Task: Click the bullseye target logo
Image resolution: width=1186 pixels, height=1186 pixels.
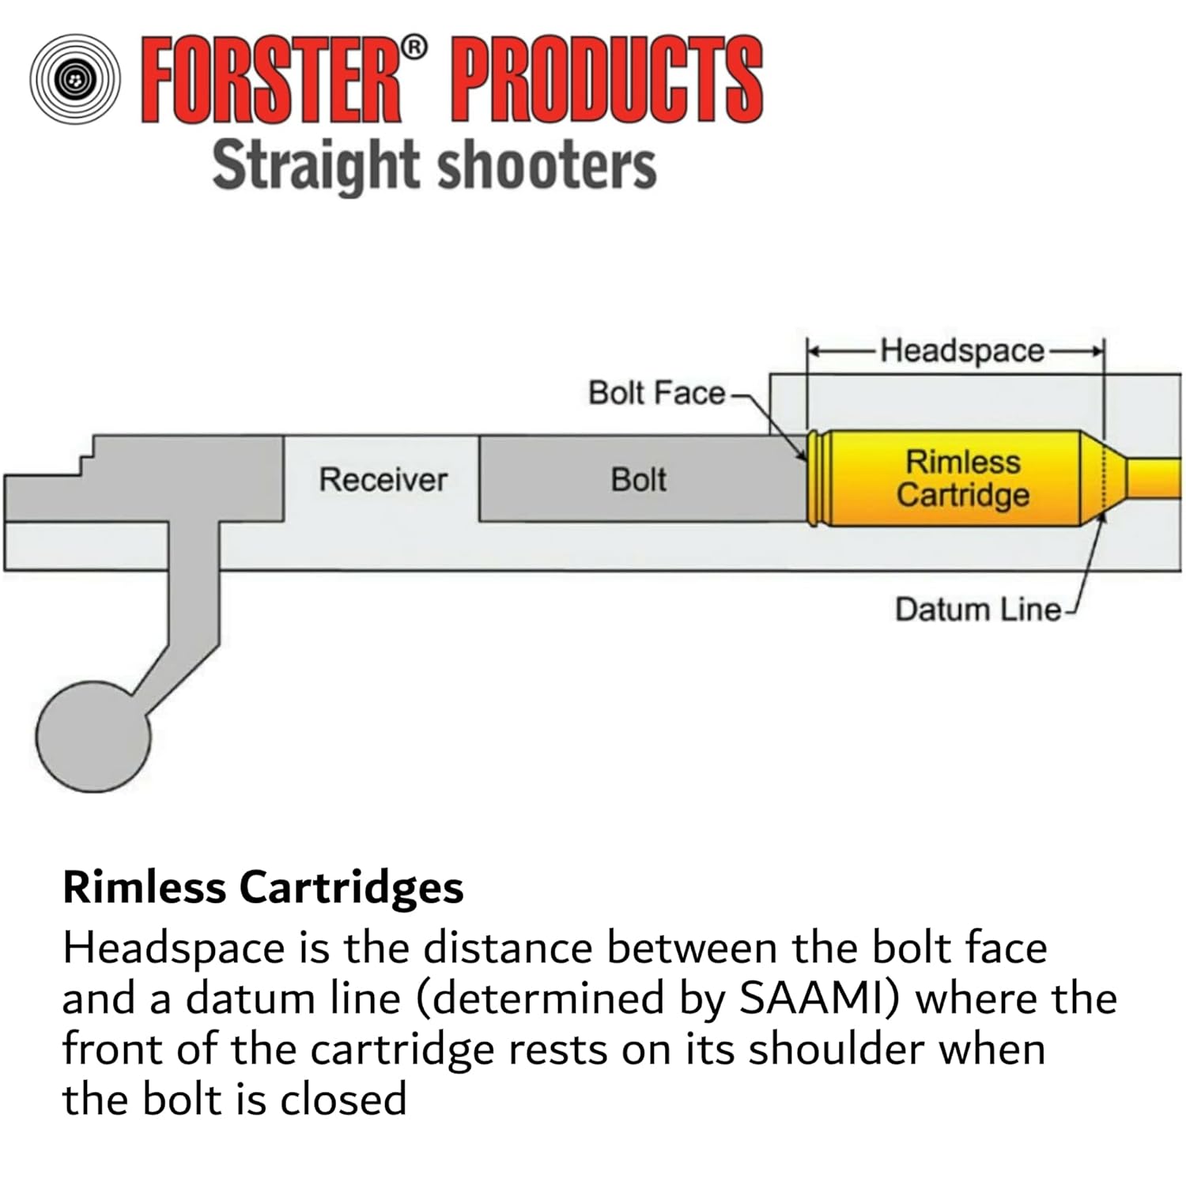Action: (75, 79)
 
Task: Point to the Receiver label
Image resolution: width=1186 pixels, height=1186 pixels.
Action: (383, 480)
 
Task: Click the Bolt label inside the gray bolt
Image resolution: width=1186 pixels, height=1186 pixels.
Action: (638, 480)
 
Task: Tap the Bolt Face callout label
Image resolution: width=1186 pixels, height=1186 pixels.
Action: (655, 393)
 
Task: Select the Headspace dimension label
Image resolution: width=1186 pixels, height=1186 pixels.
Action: (962, 350)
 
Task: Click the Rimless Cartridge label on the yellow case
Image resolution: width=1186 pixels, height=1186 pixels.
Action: (962, 478)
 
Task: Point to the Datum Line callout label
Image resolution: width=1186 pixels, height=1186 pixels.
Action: (977, 610)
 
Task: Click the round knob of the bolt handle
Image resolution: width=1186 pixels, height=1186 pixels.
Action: (93, 736)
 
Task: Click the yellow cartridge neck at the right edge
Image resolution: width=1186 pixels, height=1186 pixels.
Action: (1154, 478)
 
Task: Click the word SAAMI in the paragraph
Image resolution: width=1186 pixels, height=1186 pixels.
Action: (819, 999)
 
